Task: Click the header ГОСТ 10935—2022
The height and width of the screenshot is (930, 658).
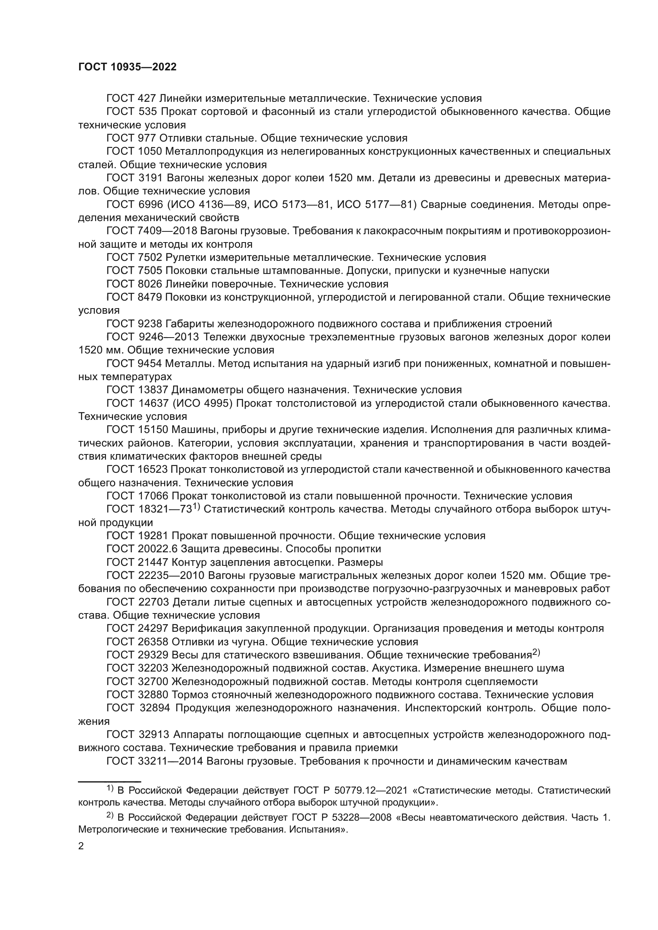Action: coord(127,67)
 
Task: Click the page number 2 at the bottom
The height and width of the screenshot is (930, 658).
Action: coord(81,846)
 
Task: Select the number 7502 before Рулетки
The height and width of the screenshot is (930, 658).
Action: coord(150,257)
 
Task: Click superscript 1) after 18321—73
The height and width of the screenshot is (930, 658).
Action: coord(197,507)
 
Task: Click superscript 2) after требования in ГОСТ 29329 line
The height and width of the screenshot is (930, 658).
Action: coord(536,652)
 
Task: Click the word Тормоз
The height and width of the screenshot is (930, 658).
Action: coord(188,695)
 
